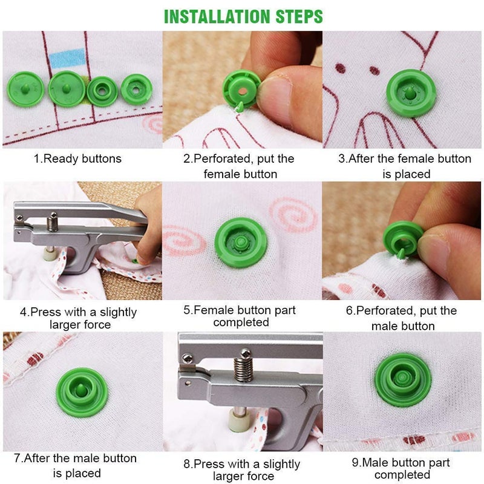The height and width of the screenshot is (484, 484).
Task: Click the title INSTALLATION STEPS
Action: click(x=243, y=16)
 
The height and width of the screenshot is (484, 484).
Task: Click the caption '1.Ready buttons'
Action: click(x=77, y=159)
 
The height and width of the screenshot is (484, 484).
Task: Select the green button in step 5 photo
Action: click(x=241, y=245)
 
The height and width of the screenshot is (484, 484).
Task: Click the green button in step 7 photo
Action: click(x=82, y=392)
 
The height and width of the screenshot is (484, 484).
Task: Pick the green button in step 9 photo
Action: click(x=402, y=380)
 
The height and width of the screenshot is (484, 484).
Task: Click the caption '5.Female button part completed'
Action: click(x=240, y=316)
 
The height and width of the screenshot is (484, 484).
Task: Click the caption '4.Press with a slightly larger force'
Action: click(x=79, y=318)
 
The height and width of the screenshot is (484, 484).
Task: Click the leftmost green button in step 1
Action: click(x=26, y=87)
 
